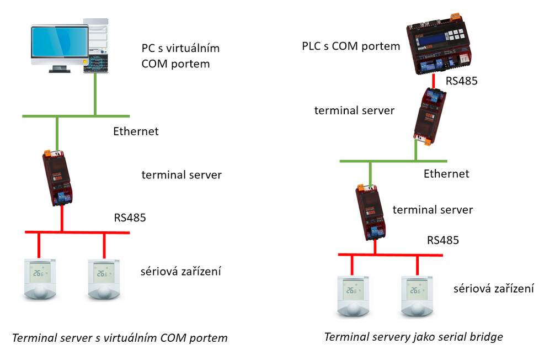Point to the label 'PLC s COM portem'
(x=351, y=46)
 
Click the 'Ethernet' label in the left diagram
(x=136, y=131)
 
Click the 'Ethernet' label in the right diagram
(x=446, y=174)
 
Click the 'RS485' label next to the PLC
(x=461, y=81)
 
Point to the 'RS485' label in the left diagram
(x=130, y=218)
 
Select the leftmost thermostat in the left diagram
(x=39, y=278)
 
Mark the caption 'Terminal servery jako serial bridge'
(x=413, y=336)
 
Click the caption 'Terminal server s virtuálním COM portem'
(x=120, y=337)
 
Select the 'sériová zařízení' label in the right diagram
(x=493, y=288)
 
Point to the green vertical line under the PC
(x=95, y=94)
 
